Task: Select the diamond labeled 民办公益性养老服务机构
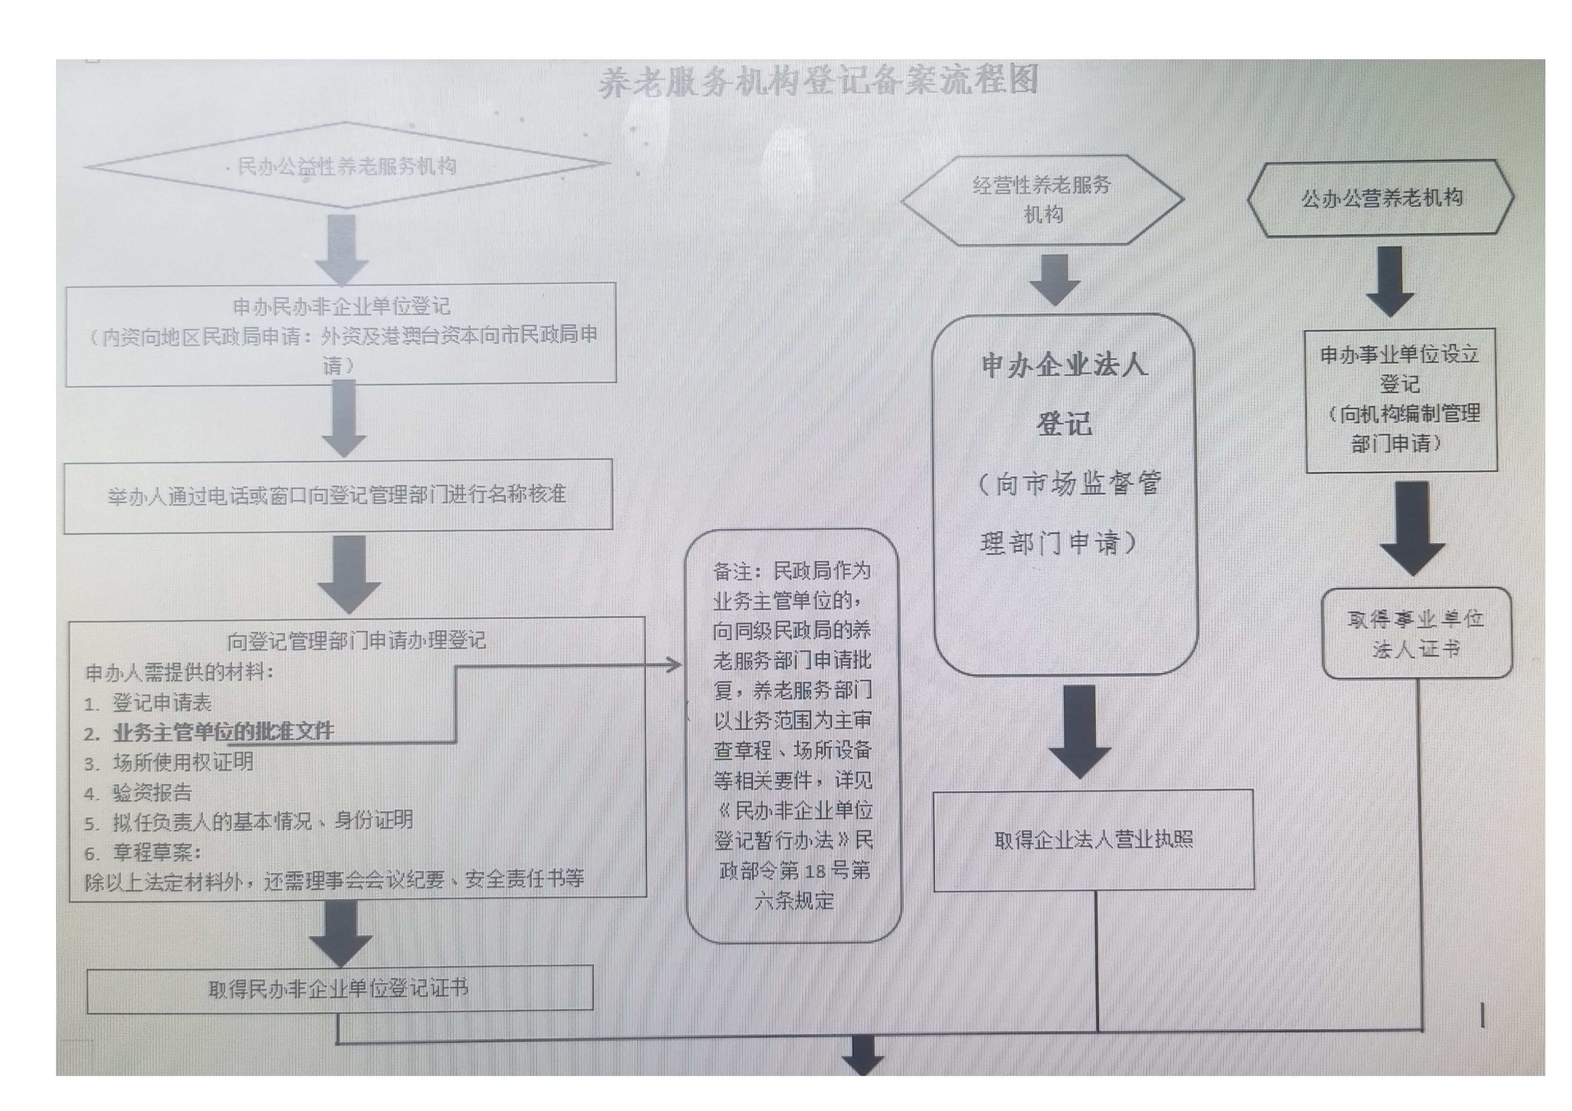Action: point(346,166)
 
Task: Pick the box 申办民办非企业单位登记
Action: point(341,334)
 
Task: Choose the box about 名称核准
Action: point(337,495)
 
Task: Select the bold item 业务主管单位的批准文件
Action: point(223,732)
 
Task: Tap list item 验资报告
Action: point(152,792)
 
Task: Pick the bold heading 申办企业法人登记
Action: point(1064,394)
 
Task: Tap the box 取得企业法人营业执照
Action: point(1093,840)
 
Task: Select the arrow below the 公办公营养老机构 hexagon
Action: point(1390,281)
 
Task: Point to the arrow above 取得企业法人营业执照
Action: point(1080,731)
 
